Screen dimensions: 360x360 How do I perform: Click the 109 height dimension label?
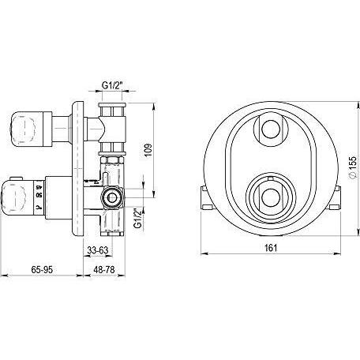click(x=148, y=150)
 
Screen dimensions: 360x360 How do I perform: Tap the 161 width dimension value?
click(x=270, y=248)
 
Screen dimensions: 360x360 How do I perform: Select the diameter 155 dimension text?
click(x=352, y=168)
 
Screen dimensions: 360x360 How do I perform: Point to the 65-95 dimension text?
click(x=42, y=269)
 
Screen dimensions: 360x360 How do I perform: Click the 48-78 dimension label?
click(x=104, y=269)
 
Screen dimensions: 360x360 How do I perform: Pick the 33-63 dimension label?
click(x=98, y=250)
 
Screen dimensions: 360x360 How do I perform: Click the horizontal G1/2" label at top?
click(x=112, y=85)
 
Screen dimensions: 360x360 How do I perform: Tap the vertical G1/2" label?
click(x=137, y=218)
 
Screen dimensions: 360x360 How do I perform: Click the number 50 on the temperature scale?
click(x=39, y=195)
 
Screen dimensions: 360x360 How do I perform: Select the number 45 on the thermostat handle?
click(x=39, y=187)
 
